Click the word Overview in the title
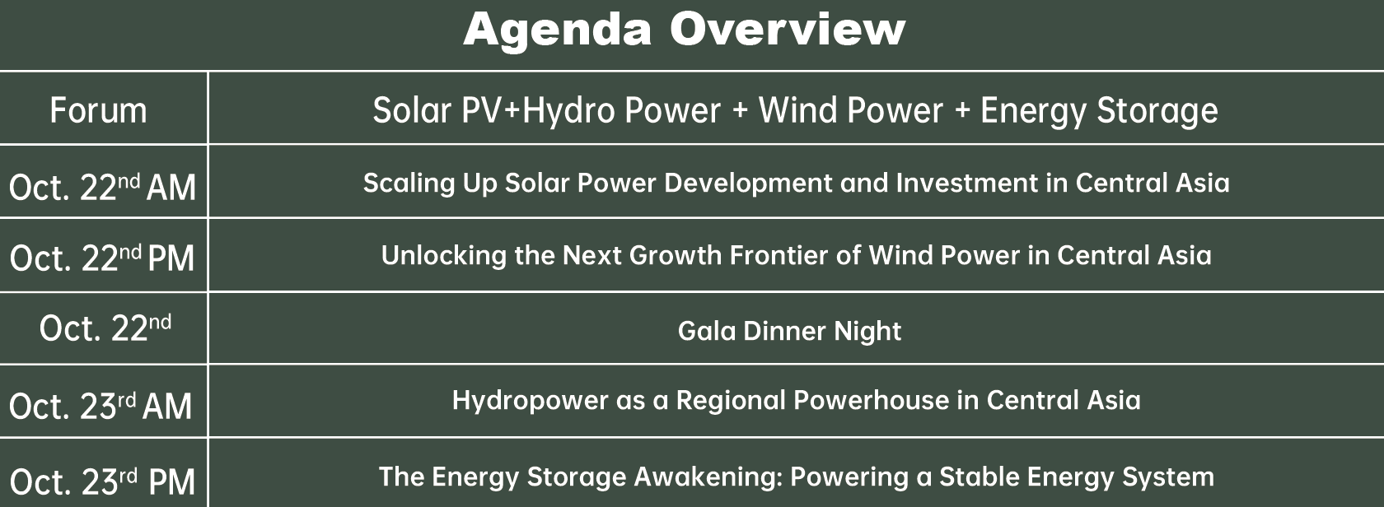[788, 29]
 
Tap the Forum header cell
[98, 110]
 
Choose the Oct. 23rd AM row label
[101, 405]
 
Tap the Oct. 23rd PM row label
[102, 481]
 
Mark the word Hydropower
[531, 401]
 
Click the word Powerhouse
[872, 400]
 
